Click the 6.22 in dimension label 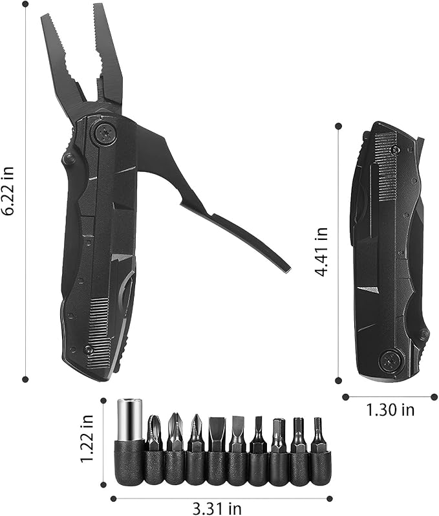[7, 191]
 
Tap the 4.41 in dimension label [321, 252]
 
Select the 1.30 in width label [391, 410]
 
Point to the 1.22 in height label [87, 438]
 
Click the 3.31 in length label [217, 508]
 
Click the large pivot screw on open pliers [105, 134]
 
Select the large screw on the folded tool [390, 360]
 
